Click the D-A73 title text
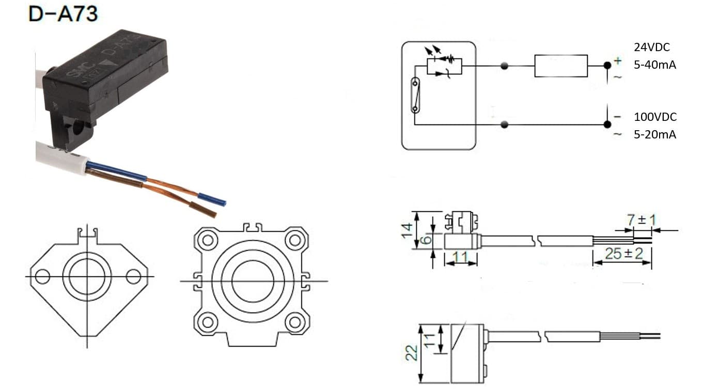tap(63, 13)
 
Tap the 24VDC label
tap(652, 48)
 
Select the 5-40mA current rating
tap(655, 66)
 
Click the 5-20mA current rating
tap(655, 135)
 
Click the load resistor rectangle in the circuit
tap(560, 66)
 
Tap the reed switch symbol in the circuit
tap(415, 95)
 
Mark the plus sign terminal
tap(618, 61)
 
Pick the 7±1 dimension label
tap(641, 220)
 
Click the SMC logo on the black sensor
tap(76, 76)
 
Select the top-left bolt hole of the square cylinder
tap(208, 240)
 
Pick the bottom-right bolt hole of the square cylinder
tap(295, 322)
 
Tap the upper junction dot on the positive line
tap(505, 66)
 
